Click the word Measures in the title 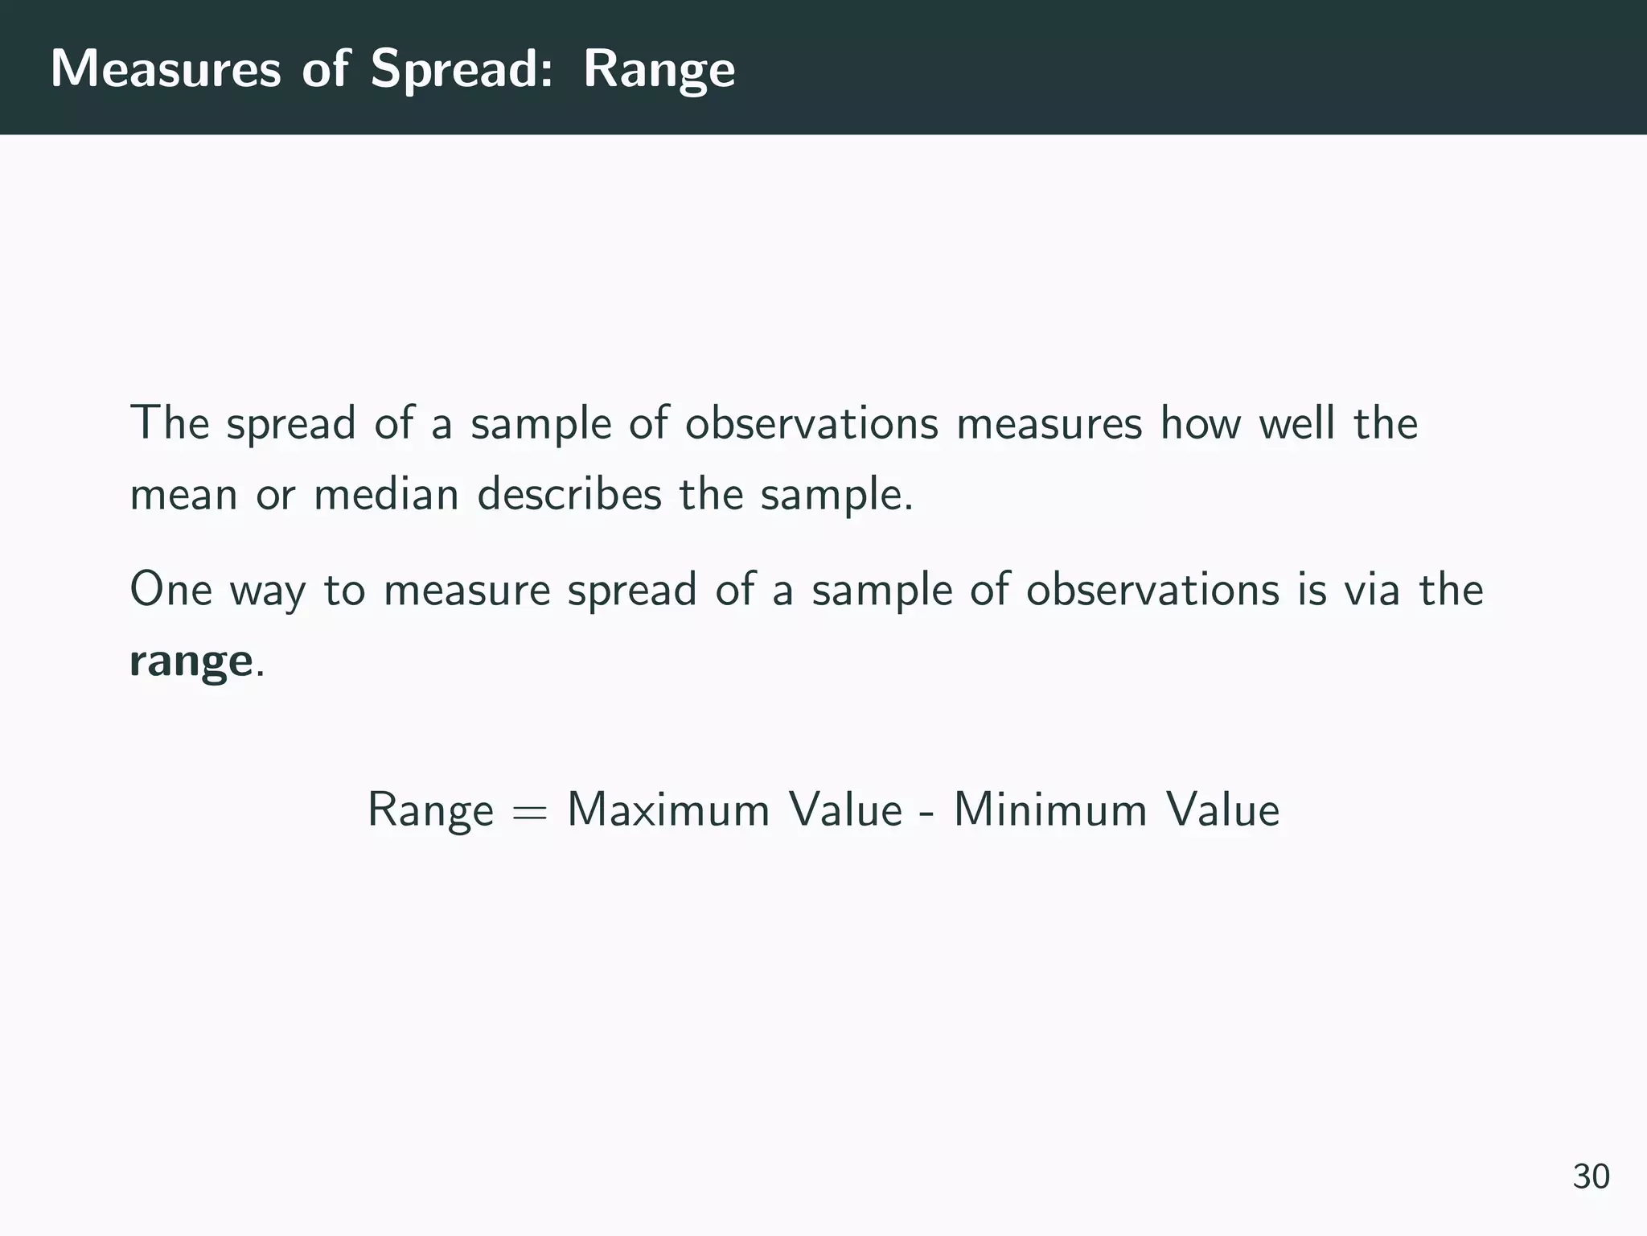click(x=166, y=69)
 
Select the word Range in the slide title click(x=659, y=69)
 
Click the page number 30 click(x=1591, y=1176)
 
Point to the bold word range click(x=191, y=662)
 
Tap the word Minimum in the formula click(x=1049, y=809)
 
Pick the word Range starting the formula click(x=430, y=810)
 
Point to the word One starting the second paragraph click(x=170, y=589)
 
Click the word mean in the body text click(x=183, y=495)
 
